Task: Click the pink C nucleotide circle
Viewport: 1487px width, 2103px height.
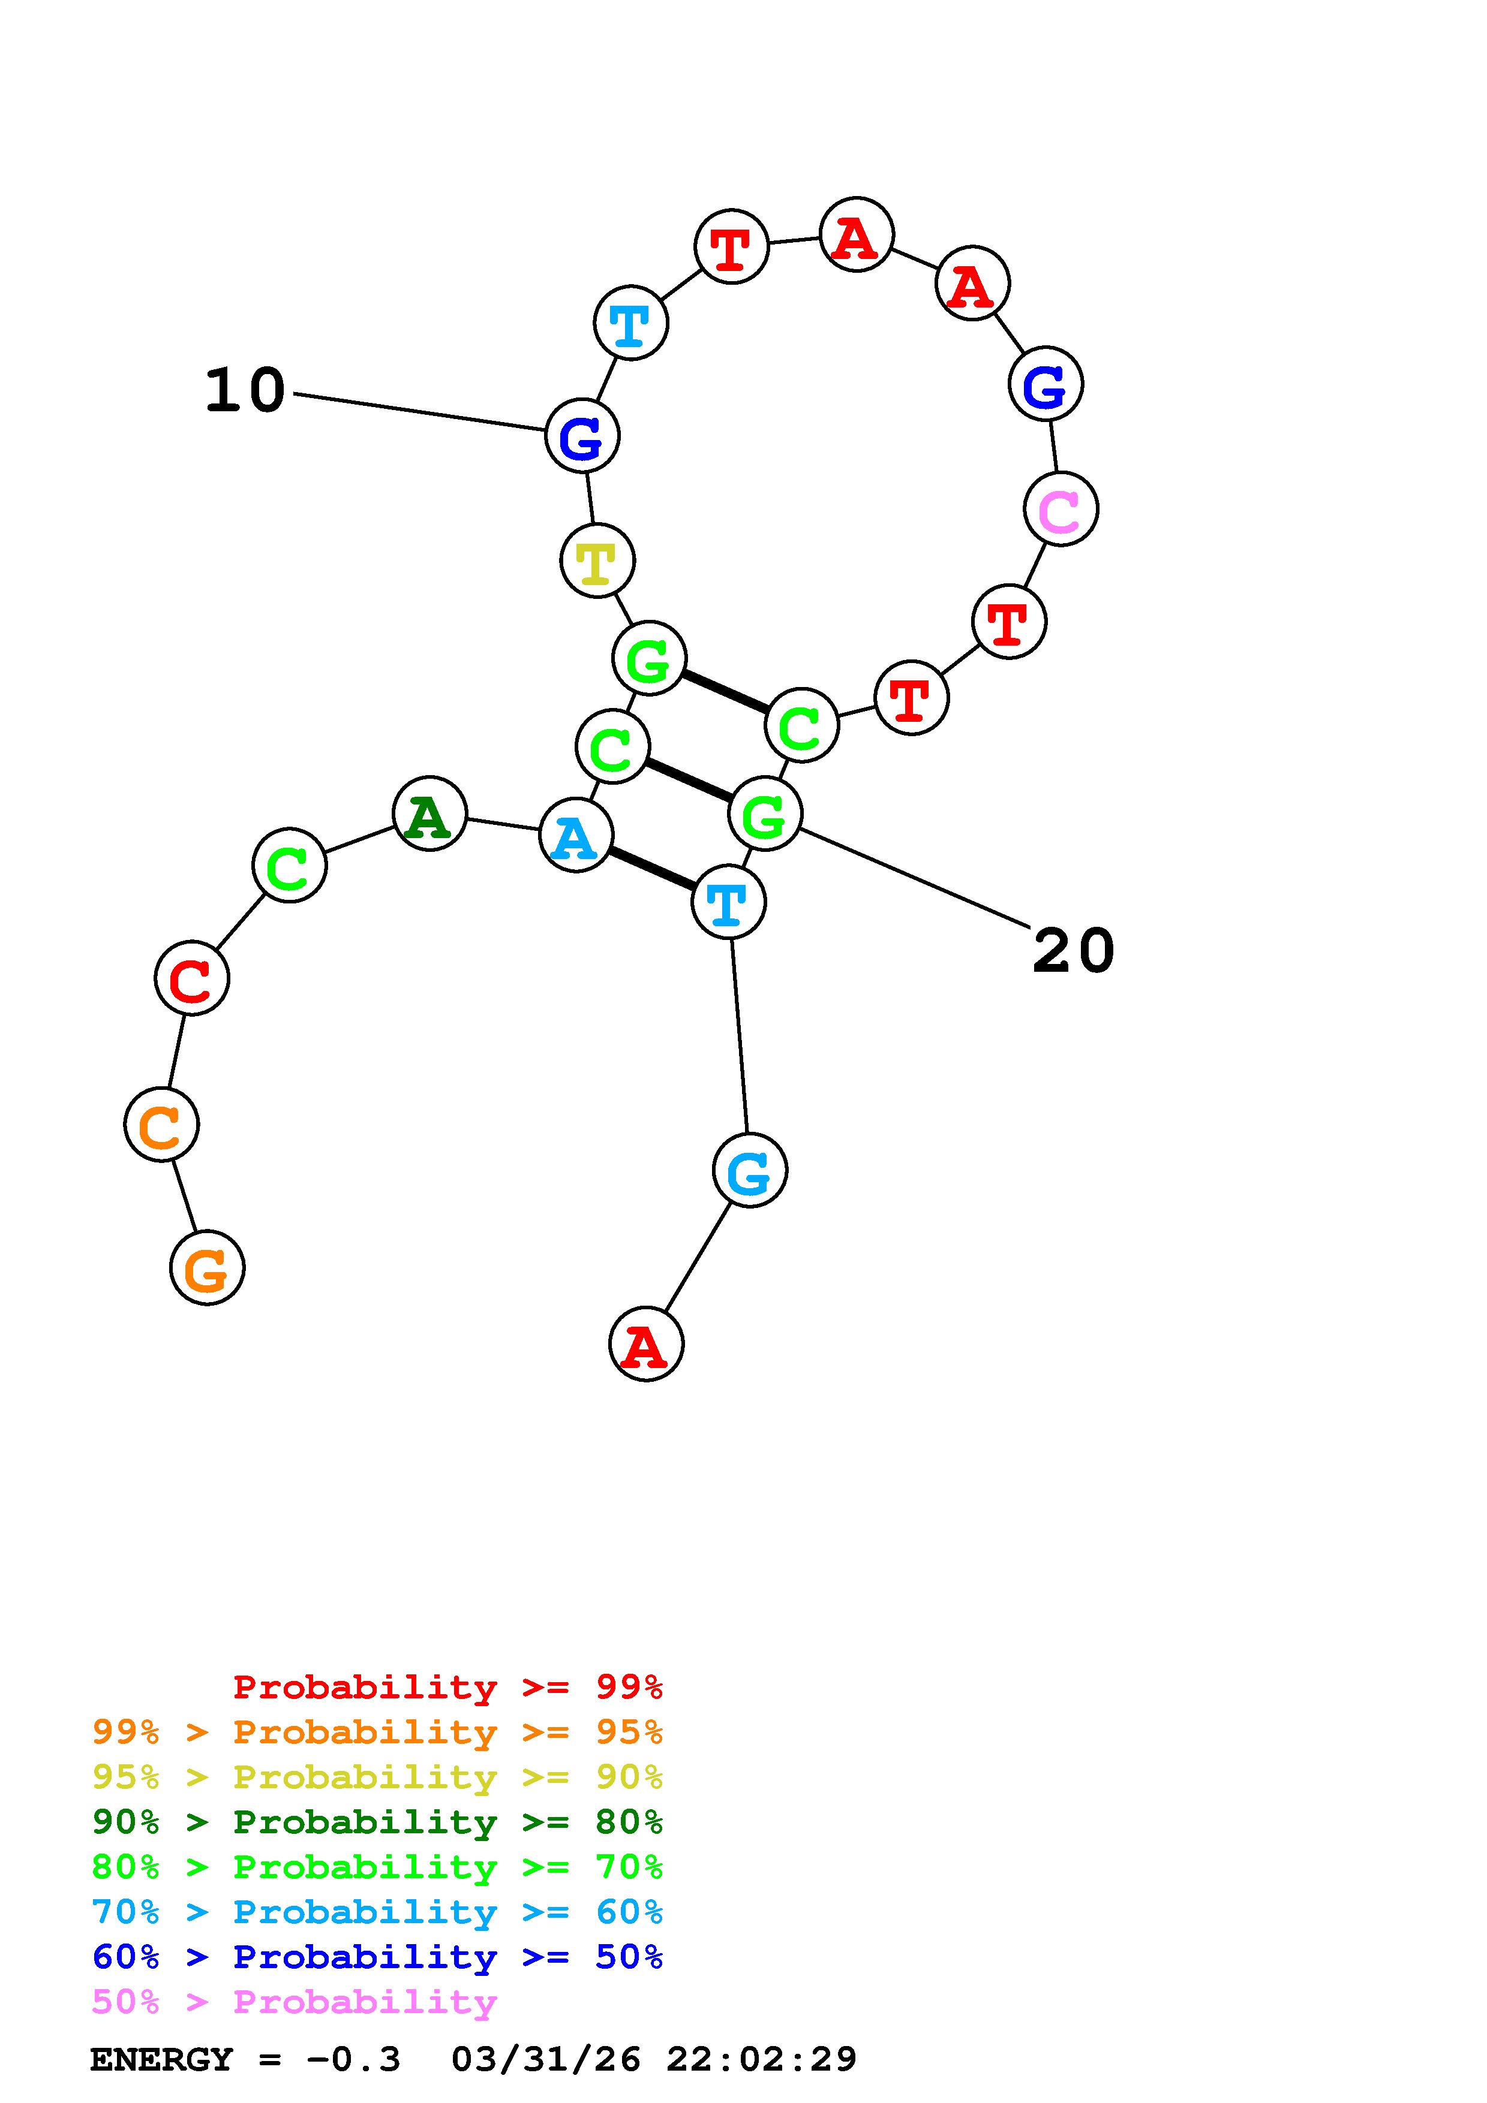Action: click(x=1060, y=509)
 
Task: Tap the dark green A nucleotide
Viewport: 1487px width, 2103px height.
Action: click(x=429, y=814)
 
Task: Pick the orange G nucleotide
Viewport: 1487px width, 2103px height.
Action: click(x=207, y=1268)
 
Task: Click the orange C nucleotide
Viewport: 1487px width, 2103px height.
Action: click(x=161, y=1125)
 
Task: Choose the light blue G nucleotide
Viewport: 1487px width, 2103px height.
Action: click(x=749, y=1171)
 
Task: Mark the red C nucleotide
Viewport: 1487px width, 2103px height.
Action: click(x=191, y=978)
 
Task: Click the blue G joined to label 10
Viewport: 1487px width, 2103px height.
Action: click(x=582, y=436)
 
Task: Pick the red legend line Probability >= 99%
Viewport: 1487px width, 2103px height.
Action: click(x=447, y=1687)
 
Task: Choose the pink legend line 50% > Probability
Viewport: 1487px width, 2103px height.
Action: click(x=294, y=2002)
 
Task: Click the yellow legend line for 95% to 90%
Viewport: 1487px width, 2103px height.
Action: click(x=377, y=1777)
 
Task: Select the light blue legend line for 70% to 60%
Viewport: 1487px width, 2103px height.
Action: click(x=377, y=1912)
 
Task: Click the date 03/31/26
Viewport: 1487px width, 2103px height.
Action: click(x=545, y=2060)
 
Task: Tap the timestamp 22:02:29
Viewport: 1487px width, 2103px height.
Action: click(x=761, y=2060)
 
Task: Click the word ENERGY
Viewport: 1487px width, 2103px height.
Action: click(x=161, y=2060)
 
